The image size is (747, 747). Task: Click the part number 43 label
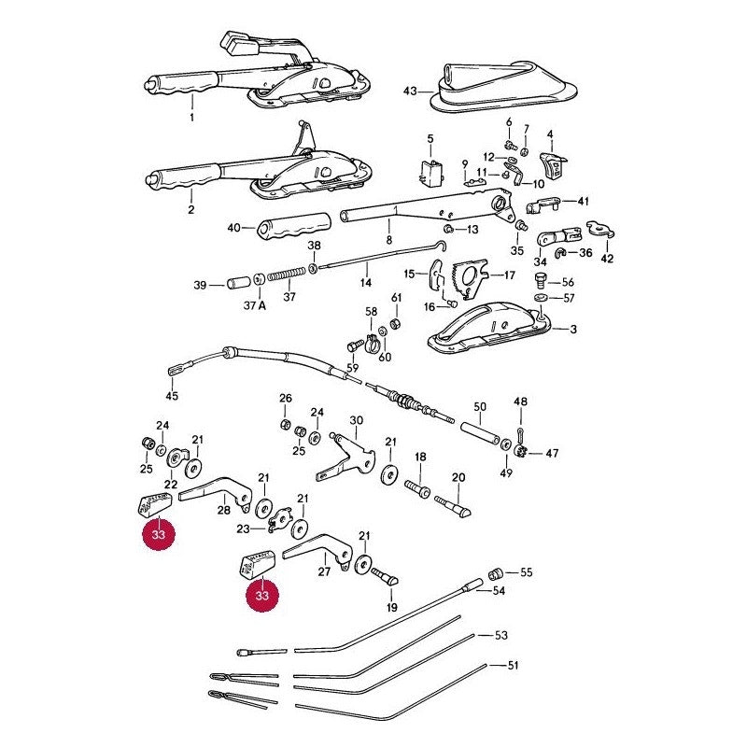[x=410, y=91]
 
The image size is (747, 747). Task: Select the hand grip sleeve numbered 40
[x=294, y=226]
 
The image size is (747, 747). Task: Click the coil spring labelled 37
[x=287, y=274]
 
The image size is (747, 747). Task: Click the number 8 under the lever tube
[x=389, y=240]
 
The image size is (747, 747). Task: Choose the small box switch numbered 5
[x=431, y=172]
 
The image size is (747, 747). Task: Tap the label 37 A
[x=254, y=305]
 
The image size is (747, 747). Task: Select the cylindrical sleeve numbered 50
[x=480, y=431]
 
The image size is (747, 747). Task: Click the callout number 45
[x=172, y=395]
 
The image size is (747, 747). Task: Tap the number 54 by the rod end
[x=499, y=591]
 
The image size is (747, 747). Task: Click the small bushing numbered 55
[x=497, y=571]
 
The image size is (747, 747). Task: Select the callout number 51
[x=513, y=665]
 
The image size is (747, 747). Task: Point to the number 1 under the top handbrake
[x=192, y=118]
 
